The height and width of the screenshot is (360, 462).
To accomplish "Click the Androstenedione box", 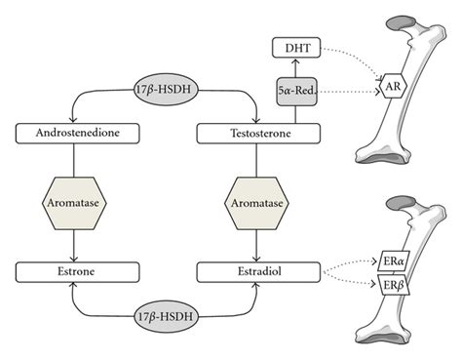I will coord(71,132).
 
